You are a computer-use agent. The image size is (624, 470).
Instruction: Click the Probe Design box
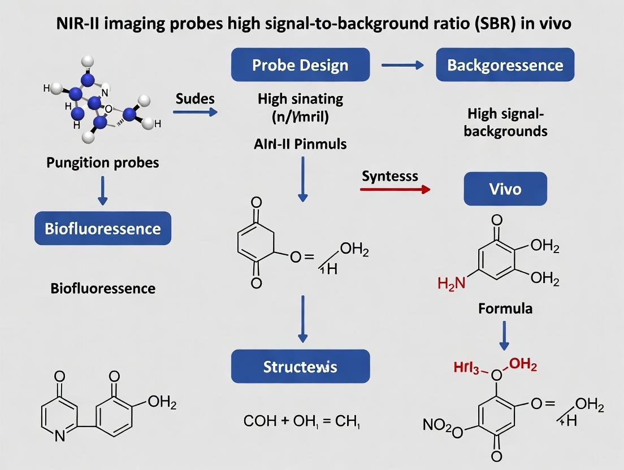300,65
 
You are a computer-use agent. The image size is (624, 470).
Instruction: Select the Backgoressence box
505,65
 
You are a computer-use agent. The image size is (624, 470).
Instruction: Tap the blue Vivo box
505,188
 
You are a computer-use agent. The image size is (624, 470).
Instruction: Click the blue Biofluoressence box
103,228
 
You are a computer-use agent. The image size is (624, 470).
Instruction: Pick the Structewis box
300,367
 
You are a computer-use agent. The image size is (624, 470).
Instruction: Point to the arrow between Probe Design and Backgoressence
402,66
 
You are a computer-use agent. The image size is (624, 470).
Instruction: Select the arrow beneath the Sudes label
195,112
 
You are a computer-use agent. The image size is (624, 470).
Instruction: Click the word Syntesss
390,176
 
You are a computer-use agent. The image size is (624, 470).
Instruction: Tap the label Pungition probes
103,163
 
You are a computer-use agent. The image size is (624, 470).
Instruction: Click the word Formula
505,308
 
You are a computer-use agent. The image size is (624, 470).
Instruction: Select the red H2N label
452,283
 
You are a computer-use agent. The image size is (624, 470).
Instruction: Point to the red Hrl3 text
470,368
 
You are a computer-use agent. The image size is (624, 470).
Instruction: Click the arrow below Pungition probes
103,192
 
